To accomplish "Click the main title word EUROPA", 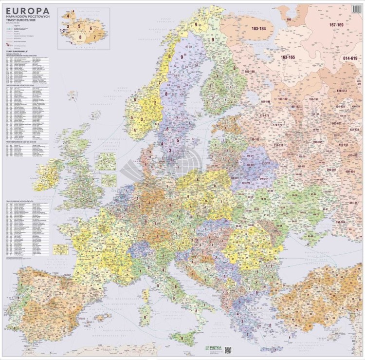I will click(28, 10).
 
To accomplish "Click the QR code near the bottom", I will click(228, 349).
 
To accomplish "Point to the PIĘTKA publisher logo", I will click(214, 349).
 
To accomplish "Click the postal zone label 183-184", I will click(258, 29).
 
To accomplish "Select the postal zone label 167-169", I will click(336, 24).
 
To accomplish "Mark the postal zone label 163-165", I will click(288, 57).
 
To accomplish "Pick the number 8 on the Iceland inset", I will click(81, 37).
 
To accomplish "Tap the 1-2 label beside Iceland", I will click(62, 30).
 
